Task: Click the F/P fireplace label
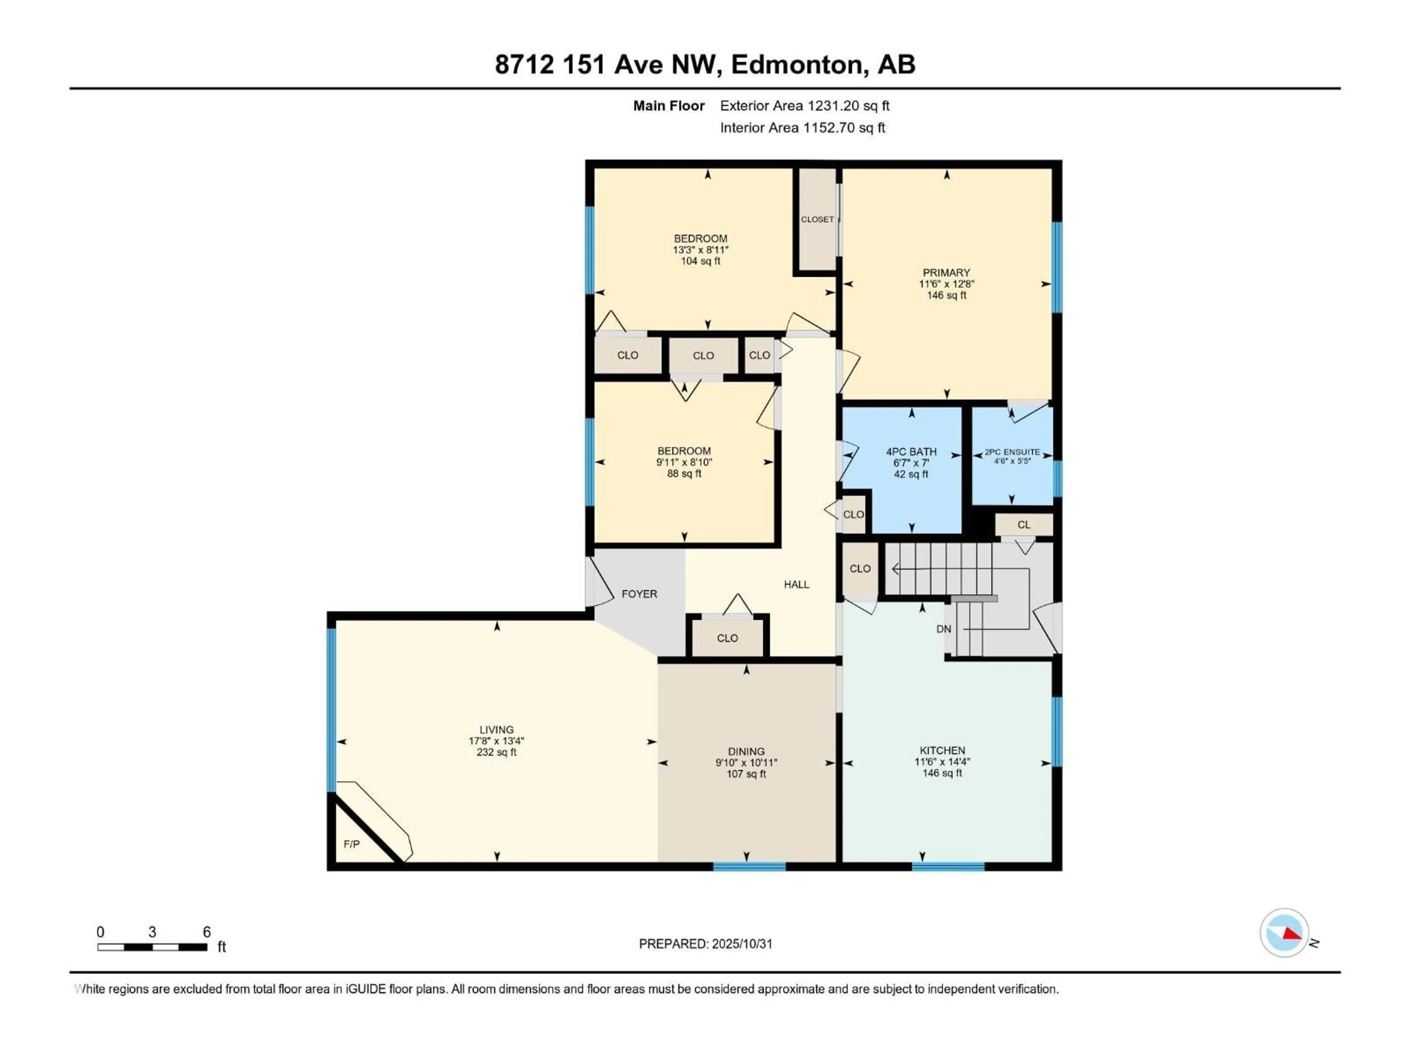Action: (352, 844)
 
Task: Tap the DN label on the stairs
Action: (944, 629)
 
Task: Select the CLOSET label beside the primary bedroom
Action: (817, 219)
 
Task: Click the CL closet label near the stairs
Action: (1024, 525)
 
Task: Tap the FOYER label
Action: (639, 594)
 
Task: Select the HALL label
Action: (796, 584)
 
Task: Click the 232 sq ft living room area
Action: (496, 752)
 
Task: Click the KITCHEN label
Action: (942, 751)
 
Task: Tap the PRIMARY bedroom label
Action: (946, 272)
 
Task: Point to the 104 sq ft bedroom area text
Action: (700, 261)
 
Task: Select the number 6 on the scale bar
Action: (207, 932)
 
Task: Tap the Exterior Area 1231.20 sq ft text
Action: (804, 106)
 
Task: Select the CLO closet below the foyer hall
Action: (727, 638)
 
